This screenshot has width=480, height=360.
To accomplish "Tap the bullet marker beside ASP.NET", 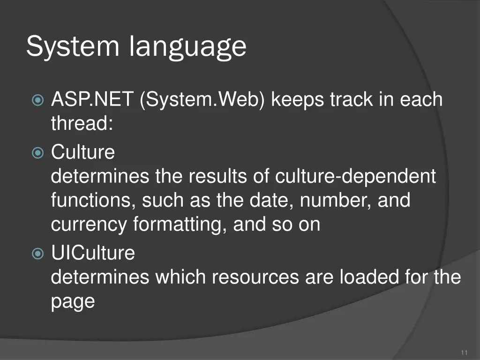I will click(37, 100).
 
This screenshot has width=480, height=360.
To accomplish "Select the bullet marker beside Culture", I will click(37, 152).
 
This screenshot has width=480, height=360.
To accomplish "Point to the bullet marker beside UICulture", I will click(37, 254).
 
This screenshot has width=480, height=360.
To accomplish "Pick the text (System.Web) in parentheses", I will click(202, 99).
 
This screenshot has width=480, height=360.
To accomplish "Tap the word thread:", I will click(82, 124).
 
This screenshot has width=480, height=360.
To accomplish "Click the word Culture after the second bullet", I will click(82, 152).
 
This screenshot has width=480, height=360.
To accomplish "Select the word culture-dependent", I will click(355, 177).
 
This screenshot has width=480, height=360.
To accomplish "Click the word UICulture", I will click(93, 253).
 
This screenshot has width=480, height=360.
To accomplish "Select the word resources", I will click(255, 277).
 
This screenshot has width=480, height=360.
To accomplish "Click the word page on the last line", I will click(73, 302).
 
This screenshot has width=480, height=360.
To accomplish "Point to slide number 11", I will click(465, 352).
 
